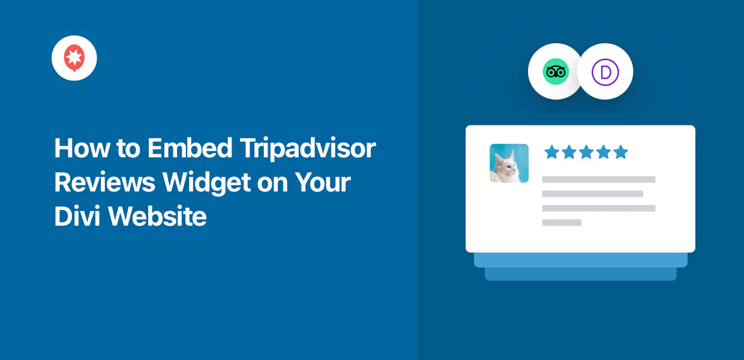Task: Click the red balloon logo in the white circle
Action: (74, 58)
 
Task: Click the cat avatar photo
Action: (509, 163)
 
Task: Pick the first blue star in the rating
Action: (551, 152)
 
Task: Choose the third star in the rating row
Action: (586, 152)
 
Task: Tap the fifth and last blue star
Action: (620, 152)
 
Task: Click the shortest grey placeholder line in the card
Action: (562, 223)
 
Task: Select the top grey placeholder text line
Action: (598, 179)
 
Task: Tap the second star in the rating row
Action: (568, 152)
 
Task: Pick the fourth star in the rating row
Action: (603, 152)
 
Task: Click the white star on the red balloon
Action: (74, 56)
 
